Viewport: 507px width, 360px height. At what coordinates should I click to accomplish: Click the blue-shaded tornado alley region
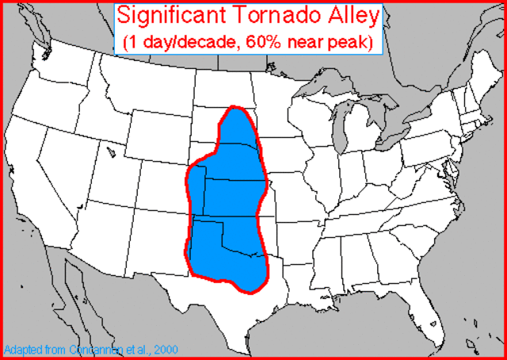(230, 206)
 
